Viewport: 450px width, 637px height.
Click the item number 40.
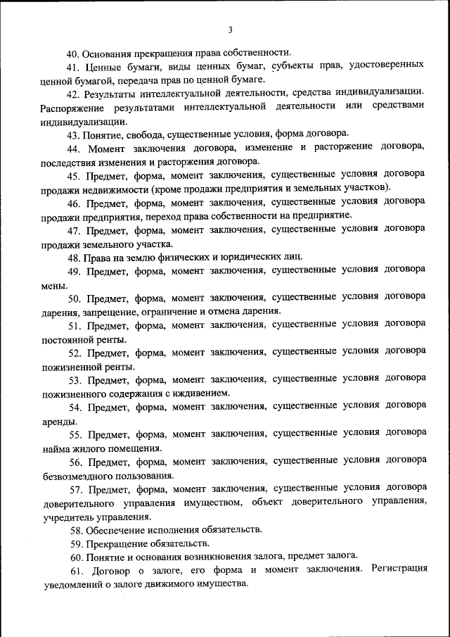click(72, 53)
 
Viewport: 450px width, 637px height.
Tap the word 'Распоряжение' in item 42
click(61, 107)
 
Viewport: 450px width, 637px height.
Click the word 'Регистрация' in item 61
click(399, 570)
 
